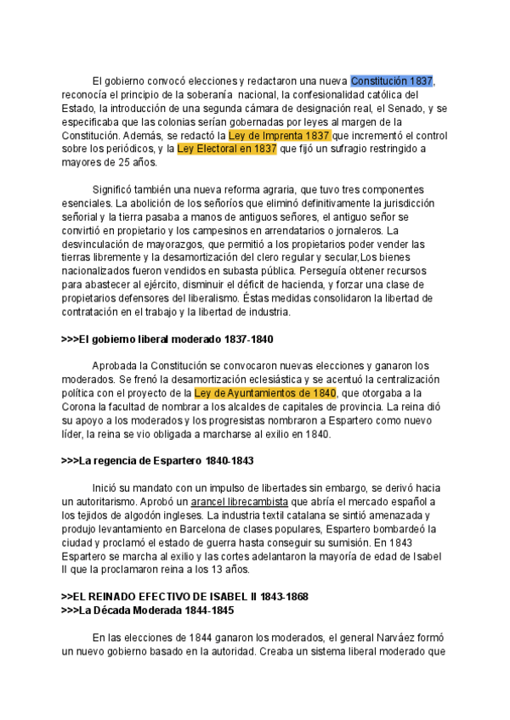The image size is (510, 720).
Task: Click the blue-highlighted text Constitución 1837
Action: pos(392,81)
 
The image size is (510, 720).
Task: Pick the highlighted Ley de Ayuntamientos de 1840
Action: pos(265,393)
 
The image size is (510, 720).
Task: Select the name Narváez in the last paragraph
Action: pos(388,638)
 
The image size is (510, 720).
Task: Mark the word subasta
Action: pos(225,271)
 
